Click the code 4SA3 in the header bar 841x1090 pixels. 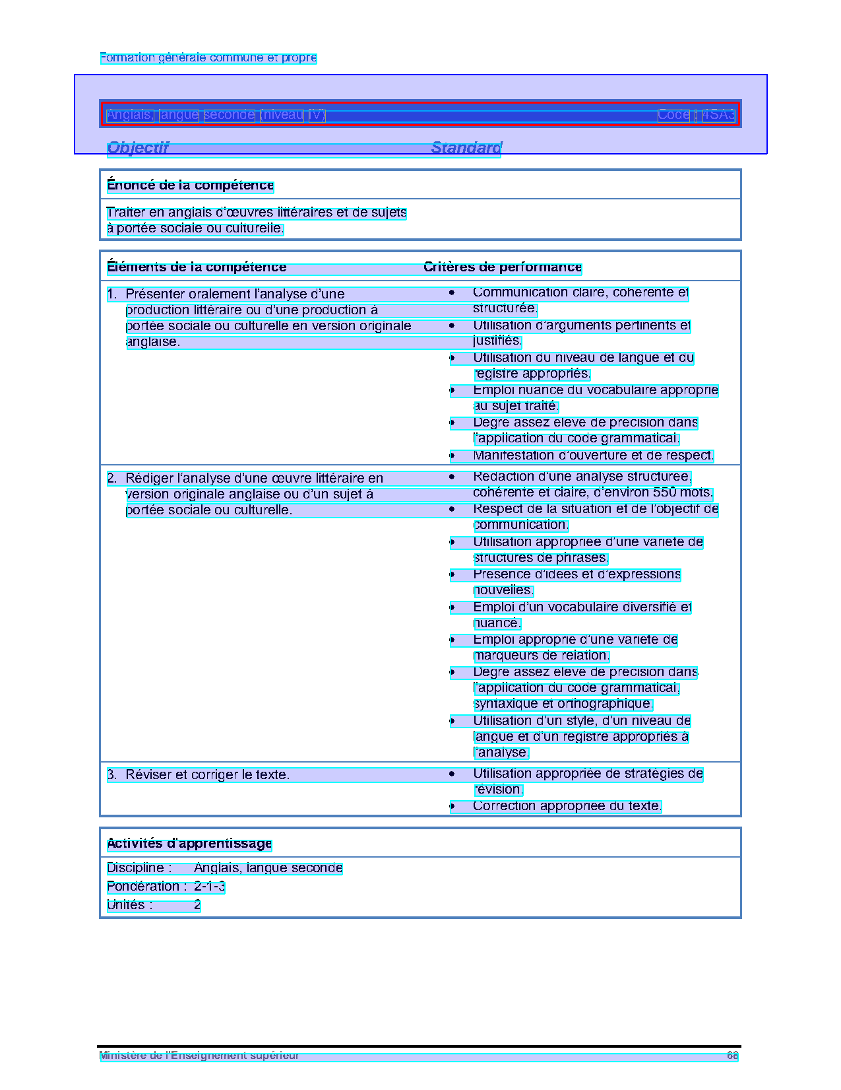pos(718,115)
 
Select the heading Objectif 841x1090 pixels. pos(138,148)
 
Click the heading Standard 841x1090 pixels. pos(466,148)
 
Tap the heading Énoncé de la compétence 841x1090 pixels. pos(190,186)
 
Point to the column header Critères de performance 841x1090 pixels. pos(503,267)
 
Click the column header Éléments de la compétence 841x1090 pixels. pos(197,267)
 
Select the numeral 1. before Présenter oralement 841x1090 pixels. pos(112,294)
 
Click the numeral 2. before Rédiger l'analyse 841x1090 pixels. pos(112,479)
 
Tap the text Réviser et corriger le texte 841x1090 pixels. pos(207,775)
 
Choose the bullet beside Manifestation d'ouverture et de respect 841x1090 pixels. pos(452,456)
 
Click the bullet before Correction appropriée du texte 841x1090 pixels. pos(452,806)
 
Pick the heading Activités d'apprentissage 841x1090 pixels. pos(189,844)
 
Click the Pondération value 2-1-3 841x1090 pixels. pos(209,887)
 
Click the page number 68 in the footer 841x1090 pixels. pos(732,1056)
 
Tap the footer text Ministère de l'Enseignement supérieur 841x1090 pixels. pos(199,1056)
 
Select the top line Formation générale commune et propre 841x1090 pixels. pos(208,58)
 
